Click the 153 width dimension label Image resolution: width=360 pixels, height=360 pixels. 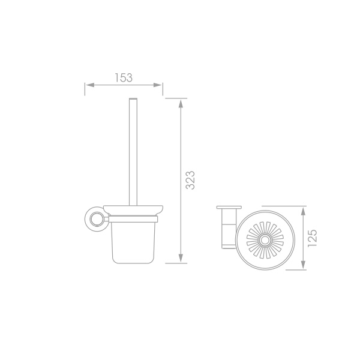[124, 77]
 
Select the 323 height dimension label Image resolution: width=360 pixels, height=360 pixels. [190, 180]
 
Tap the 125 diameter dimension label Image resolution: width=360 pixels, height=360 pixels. [312, 238]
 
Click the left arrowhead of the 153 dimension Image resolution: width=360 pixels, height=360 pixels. [90, 85]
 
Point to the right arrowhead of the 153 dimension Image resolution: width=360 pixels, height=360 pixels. [157, 85]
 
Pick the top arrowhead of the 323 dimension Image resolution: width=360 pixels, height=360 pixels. [181, 104]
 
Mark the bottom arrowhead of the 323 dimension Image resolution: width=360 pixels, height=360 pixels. [181, 257]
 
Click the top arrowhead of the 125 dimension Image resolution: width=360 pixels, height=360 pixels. [303, 211]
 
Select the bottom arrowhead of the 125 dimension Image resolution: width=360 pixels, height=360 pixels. [303, 264]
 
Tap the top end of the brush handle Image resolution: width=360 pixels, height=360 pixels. [133, 99]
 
